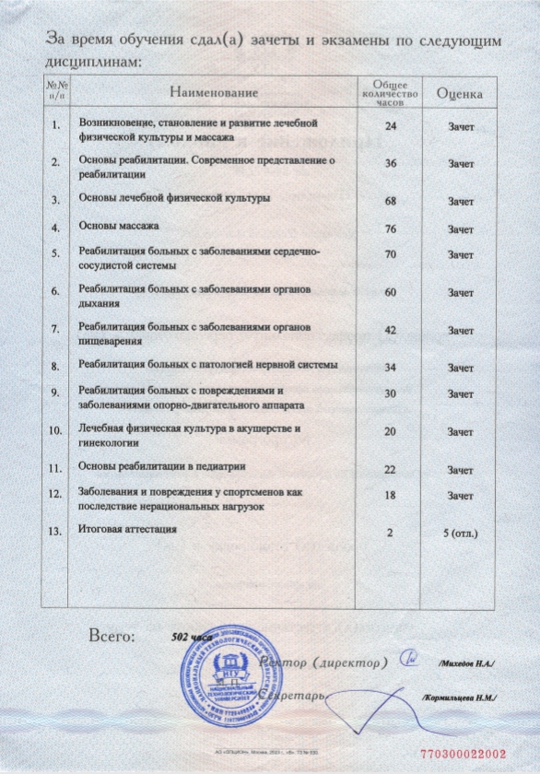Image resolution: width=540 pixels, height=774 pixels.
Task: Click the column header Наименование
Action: (x=213, y=92)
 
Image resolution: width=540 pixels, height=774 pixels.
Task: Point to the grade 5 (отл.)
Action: (x=460, y=533)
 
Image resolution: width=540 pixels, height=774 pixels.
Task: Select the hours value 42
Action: (x=390, y=329)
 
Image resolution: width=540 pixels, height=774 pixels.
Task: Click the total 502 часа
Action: (x=193, y=637)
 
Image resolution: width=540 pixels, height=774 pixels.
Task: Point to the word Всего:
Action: (x=111, y=635)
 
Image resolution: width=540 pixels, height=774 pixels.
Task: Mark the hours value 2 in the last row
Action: (x=390, y=533)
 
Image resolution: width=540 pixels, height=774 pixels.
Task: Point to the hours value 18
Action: (x=390, y=496)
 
